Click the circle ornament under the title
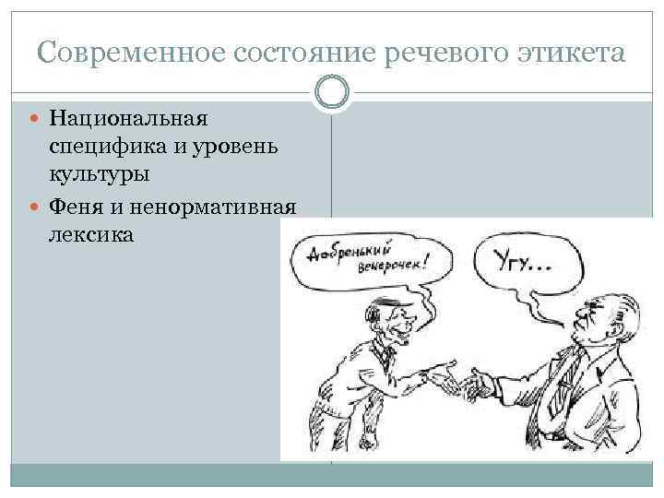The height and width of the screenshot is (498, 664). pos(332,90)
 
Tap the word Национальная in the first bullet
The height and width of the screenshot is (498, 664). pos(130,118)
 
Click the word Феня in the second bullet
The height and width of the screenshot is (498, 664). pos(77,206)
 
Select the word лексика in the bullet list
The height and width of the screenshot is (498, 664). pos(92,233)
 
